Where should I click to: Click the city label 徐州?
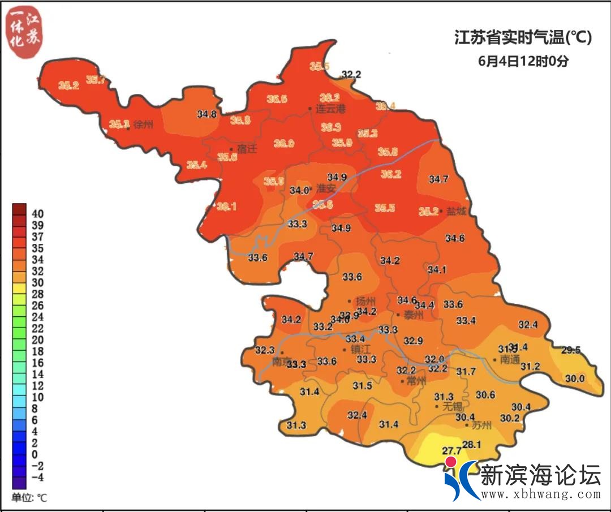click(x=144, y=125)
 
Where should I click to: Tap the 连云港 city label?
click(x=330, y=109)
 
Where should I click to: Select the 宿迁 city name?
click(x=247, y=149)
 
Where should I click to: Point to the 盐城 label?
click(x=457, y=211)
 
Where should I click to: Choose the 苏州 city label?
click(x=481, y=425)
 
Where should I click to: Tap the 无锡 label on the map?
click(x=452, y=406)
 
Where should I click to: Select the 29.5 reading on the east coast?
click(x=571, y=350)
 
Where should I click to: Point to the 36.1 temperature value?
click(x=226, y=207)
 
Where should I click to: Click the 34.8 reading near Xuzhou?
click(x=206, y=114)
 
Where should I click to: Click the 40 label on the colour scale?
click(x=38, y=214)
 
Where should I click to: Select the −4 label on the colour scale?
click(x=38, y=477)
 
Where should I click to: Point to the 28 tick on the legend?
click(x=38, y=294)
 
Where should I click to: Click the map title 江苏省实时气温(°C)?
click(x=523, y=38)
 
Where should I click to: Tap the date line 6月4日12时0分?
click(x=523, y=61)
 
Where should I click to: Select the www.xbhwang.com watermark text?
click(x=540, y=494)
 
